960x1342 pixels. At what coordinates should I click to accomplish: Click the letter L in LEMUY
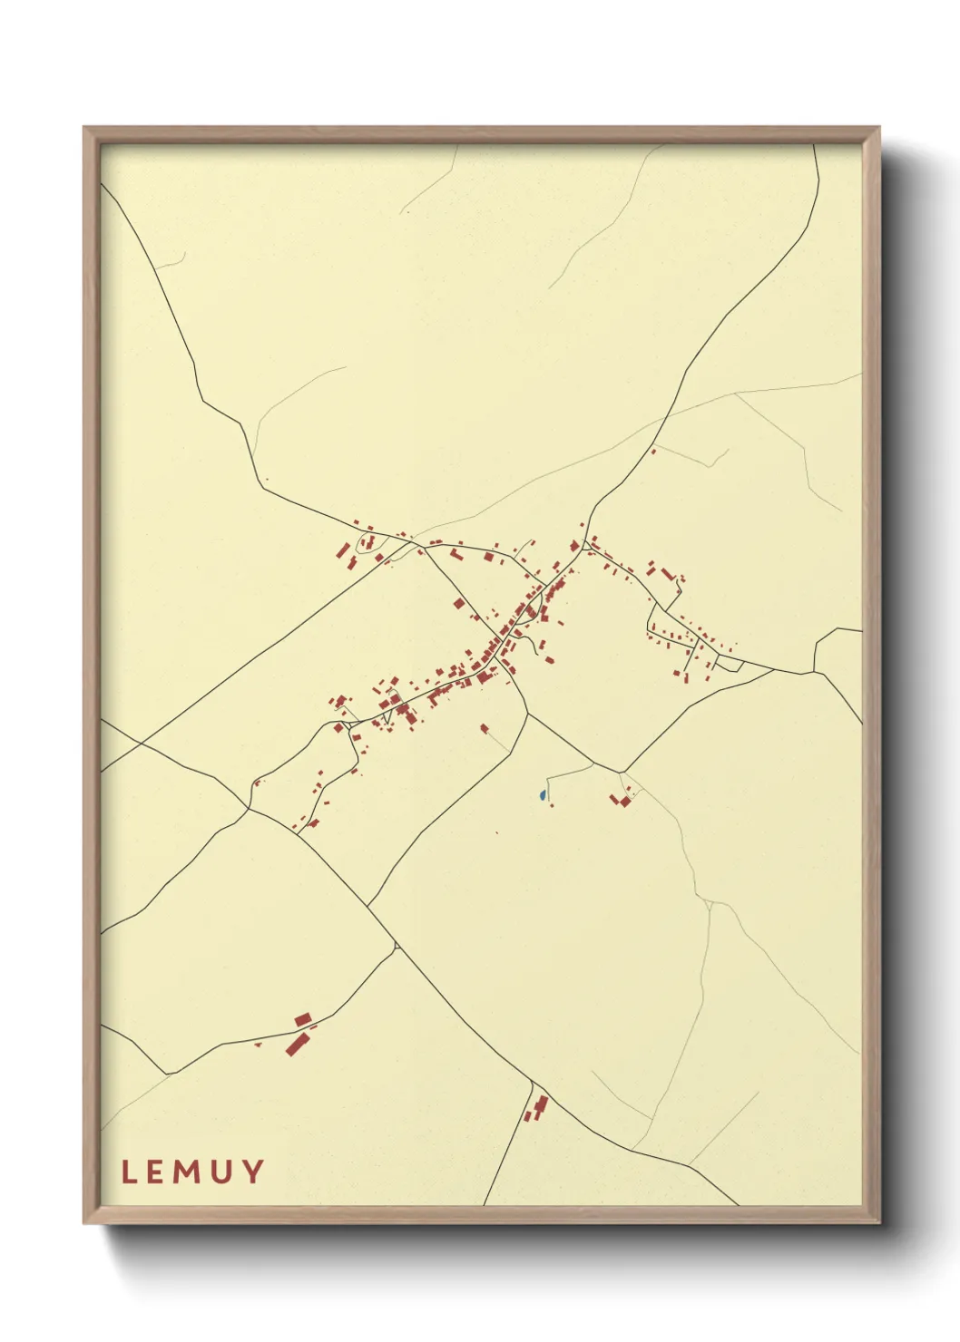(129, 1172)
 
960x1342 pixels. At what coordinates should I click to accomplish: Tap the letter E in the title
(158, 1172)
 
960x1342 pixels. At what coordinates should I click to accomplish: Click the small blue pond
(543, 795)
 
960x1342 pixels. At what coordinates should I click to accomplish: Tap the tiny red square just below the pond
(551, 805)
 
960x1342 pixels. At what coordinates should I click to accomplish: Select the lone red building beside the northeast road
(653, 451)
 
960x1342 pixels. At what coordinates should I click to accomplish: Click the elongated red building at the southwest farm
(296, 1044)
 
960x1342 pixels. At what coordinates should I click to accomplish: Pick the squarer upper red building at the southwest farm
(302, 1021)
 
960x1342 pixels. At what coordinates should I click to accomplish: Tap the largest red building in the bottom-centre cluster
(542, 1104)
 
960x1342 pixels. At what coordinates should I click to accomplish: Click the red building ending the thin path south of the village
(484, 727)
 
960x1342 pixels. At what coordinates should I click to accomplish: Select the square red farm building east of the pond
(624, 801)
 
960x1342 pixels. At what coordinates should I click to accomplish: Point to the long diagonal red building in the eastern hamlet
(668, 574)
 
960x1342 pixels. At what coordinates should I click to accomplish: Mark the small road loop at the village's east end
(730, 666)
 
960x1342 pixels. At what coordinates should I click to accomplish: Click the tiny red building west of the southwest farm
(259, 1045)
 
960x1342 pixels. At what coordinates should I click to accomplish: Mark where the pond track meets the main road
(593, 764)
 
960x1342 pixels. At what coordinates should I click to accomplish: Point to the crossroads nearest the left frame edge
(141, 744)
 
